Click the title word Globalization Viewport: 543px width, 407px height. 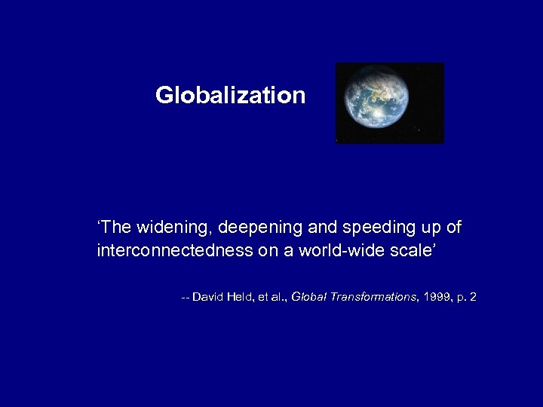click(x=230, y=96)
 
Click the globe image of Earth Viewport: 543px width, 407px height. click(x=376, y=103)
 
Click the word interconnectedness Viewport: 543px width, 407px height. click(x=175, y=250)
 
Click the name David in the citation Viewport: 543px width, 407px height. click(x=207, y=298)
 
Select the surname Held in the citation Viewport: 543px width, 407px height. click(x=242, y=298)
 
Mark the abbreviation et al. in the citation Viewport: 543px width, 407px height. click(x=271, y=298)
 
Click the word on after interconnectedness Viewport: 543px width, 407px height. click(x=267, y=250)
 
